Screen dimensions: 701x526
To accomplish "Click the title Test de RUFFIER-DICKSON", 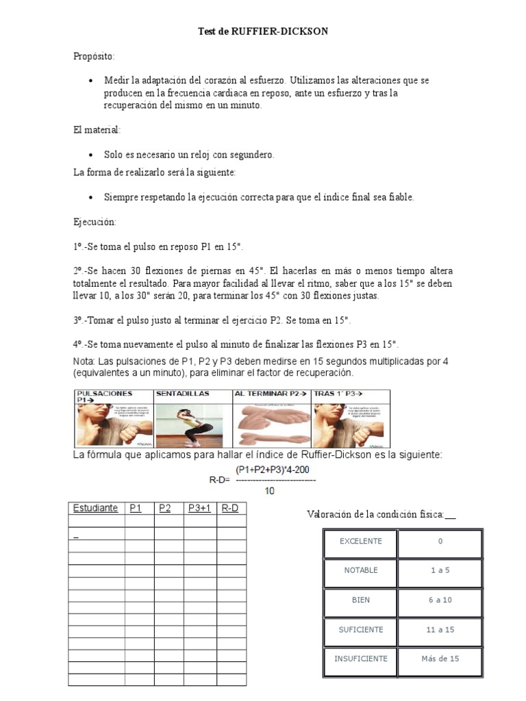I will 262,32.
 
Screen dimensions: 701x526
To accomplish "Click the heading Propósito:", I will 94,56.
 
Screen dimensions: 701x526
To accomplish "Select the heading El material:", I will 97,129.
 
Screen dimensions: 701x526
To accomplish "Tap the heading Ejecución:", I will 95,222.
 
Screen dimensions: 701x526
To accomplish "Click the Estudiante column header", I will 95,509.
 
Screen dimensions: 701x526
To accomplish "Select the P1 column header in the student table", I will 136,509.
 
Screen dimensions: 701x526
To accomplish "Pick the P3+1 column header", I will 198,509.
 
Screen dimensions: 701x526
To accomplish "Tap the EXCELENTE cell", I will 360,541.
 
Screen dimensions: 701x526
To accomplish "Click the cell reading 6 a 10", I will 440,600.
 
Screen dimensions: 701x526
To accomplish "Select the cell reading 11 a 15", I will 440,630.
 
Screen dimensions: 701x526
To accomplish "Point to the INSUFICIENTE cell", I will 360,659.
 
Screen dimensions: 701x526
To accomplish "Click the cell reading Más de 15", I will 440,659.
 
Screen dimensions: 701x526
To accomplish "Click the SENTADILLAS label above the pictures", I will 182,394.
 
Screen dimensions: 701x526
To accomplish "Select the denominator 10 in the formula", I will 270,491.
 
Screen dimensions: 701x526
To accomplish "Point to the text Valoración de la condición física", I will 373,514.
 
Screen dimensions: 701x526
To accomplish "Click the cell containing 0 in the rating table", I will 440,541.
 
